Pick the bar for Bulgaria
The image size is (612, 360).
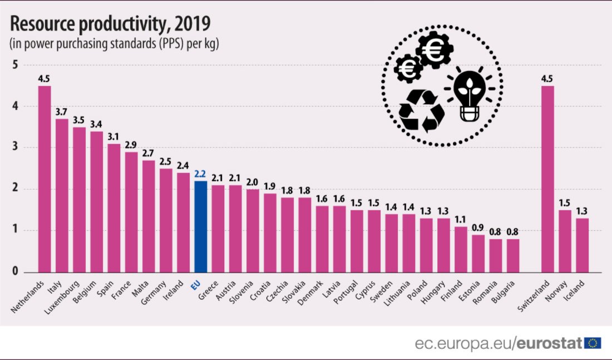(x=513, y=255)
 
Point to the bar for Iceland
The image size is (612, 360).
(x=582, y=245)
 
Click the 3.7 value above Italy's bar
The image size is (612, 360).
(x=62, y=111)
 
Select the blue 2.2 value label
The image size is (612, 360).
(x=200, y=174)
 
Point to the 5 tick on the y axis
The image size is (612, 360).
(x=15, y=65)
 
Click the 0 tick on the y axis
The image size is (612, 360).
(x=15, y=272)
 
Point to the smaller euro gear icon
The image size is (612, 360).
(x=409, y=69)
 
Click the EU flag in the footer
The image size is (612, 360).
(x=593, y=343)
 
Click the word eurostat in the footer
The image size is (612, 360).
(x=549, y=343)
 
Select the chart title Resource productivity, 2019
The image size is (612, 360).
(x=110, y=24)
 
